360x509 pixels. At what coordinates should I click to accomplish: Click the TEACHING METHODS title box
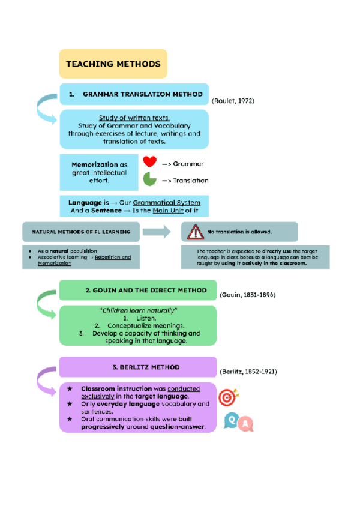click(113, 64)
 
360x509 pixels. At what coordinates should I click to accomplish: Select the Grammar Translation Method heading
click(134, 95)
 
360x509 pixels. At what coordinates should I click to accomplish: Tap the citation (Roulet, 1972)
click(233, 101)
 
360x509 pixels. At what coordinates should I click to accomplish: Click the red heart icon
click(149, 162)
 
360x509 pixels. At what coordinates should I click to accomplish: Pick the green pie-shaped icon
click(149, 179)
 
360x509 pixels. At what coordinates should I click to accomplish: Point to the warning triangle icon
click(195, 232)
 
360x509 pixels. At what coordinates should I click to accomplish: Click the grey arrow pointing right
click(157, 232)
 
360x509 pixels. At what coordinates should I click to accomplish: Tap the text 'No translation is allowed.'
click(240, 232)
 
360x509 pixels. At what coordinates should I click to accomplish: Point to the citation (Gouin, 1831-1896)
click(248, 295)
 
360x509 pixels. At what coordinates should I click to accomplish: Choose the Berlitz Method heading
click(137, 366)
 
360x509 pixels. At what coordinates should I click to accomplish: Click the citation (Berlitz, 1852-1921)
click(248, 372)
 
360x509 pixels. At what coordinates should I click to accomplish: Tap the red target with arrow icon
click(228, 397)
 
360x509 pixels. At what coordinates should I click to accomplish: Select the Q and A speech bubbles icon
click(238, 423)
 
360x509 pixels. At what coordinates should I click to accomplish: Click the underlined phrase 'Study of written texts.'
click(134, 118)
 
